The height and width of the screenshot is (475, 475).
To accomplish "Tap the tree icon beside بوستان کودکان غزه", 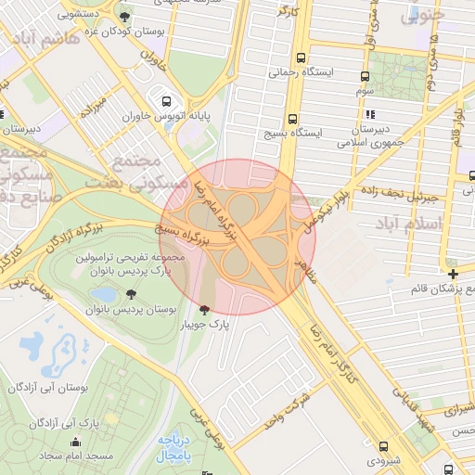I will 125,18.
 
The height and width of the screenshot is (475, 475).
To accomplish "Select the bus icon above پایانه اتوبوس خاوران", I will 166,102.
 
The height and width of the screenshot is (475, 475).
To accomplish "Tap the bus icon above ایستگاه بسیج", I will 292,119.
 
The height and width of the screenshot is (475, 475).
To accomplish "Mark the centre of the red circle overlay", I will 237,237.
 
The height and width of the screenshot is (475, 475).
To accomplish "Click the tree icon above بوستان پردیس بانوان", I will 130,294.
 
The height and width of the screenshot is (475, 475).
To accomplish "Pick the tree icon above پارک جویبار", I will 204,309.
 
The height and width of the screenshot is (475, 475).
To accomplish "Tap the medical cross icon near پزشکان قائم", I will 452,274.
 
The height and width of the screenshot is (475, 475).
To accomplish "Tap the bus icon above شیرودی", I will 384,446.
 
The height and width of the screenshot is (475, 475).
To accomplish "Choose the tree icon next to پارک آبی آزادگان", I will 104,423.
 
